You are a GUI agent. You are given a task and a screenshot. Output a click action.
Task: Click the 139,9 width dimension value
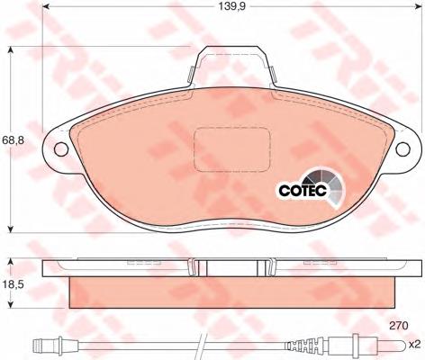tap(231, 6)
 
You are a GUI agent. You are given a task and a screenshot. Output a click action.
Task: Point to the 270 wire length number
tap(399, 325)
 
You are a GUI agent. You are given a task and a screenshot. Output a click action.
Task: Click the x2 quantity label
tap(415, 345)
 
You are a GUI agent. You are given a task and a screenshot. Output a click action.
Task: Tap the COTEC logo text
tap(303, 190)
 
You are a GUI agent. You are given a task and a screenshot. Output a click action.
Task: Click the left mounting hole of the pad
tap(61, 148)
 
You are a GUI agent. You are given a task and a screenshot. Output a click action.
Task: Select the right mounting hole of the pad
tap(402, 148)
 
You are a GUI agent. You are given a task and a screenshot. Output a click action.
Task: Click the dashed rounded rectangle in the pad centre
tap(231, 149)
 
